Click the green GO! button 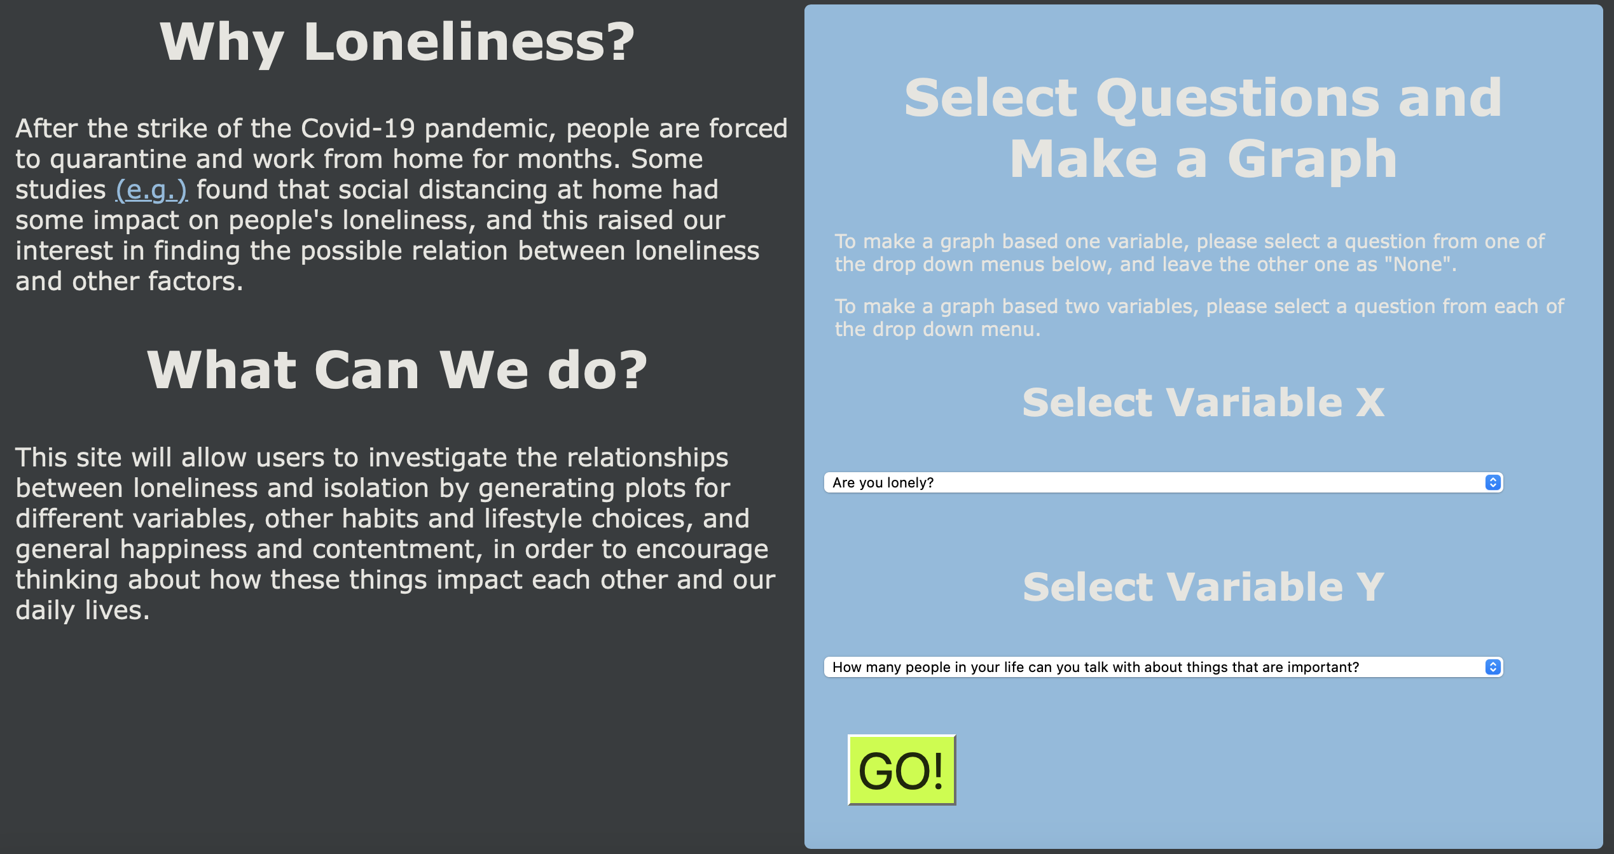902,770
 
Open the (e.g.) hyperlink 151,190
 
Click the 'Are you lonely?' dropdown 1163,482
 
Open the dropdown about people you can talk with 1163,667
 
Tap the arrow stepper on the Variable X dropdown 1493,482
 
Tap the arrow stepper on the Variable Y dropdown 1493,667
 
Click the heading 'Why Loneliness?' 397,43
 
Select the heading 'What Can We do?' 397,370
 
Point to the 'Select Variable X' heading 1203,403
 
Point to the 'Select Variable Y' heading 1203,587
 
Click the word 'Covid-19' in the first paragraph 357,129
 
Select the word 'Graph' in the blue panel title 1312,159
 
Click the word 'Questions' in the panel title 1238,99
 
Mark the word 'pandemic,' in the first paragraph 490,129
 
